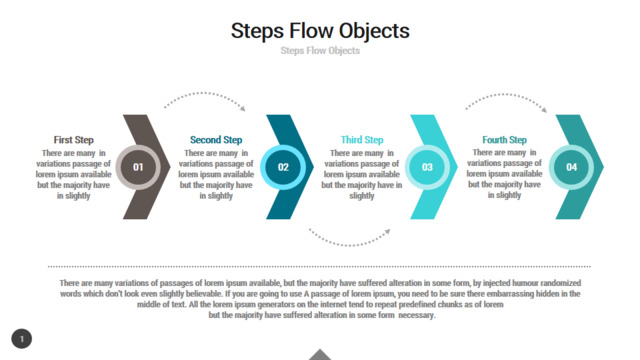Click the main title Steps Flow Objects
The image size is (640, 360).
click(320, 31)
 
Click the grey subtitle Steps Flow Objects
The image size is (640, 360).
click(320, 51)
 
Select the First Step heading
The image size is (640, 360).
click(73, 140)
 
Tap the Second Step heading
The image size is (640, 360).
click(216, 140)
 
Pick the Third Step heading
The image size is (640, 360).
click(362, 140)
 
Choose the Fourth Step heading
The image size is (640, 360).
click(504, 140)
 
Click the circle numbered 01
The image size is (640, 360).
click(138, 167)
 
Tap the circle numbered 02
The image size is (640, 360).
click(283, 167)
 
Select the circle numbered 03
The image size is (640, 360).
click(427, 167)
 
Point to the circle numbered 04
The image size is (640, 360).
click(571, 167)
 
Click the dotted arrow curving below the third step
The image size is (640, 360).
click(349, 245)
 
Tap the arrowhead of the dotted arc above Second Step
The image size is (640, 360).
click(243, 109)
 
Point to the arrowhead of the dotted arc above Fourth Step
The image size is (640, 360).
click(544, 109)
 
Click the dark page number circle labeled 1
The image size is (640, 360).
click(22, 339)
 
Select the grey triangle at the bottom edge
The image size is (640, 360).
click(320, 355)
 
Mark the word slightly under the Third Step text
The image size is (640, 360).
click(362, 196)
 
